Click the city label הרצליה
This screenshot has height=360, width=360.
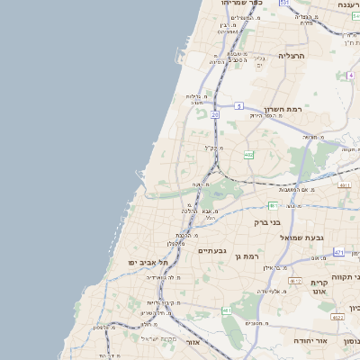point(292,56)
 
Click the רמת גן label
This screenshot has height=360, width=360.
point(245,257)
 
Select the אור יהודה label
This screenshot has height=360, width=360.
point(310,342)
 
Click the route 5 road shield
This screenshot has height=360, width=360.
point(239,106)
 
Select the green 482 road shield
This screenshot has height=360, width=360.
point(248,155)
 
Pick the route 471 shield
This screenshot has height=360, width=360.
point(339,253)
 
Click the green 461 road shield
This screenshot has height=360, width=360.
point(226,310)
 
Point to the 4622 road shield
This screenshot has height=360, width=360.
point(337,318)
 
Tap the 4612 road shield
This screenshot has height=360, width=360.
point(295,281)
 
